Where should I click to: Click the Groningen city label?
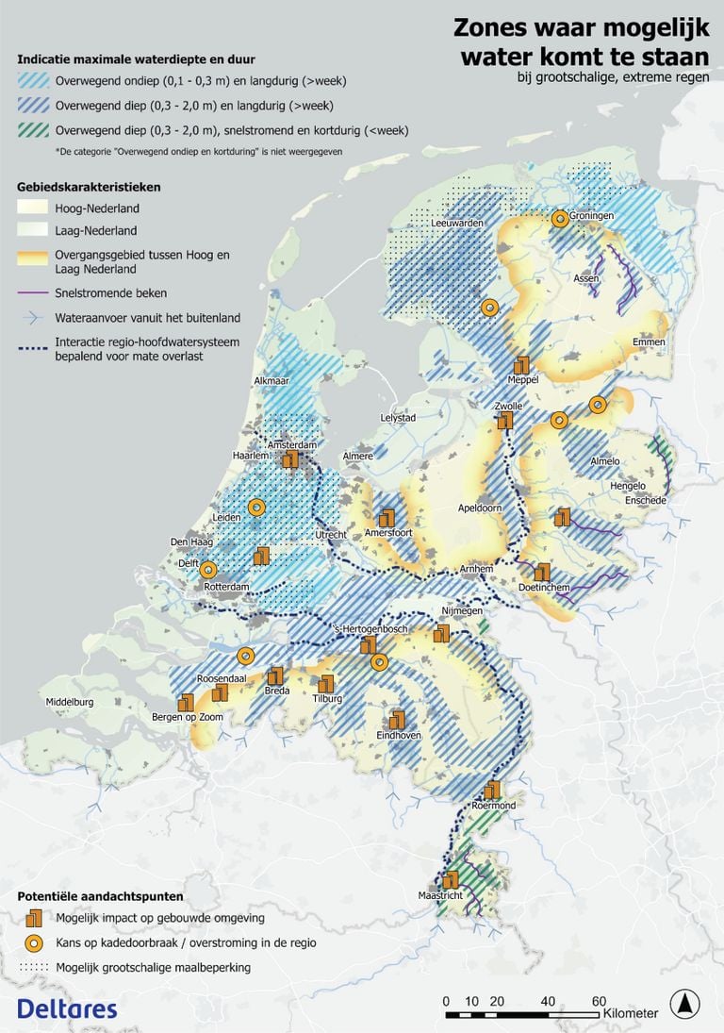591,215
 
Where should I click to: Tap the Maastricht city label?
440,895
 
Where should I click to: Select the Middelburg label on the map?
71,702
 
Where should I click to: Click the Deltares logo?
67,1008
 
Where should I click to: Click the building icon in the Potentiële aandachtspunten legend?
35,917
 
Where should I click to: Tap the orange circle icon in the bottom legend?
35,942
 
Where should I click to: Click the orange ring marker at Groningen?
559,218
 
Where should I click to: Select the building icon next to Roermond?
491,791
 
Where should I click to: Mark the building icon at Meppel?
521,365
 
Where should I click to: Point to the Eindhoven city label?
399,735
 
